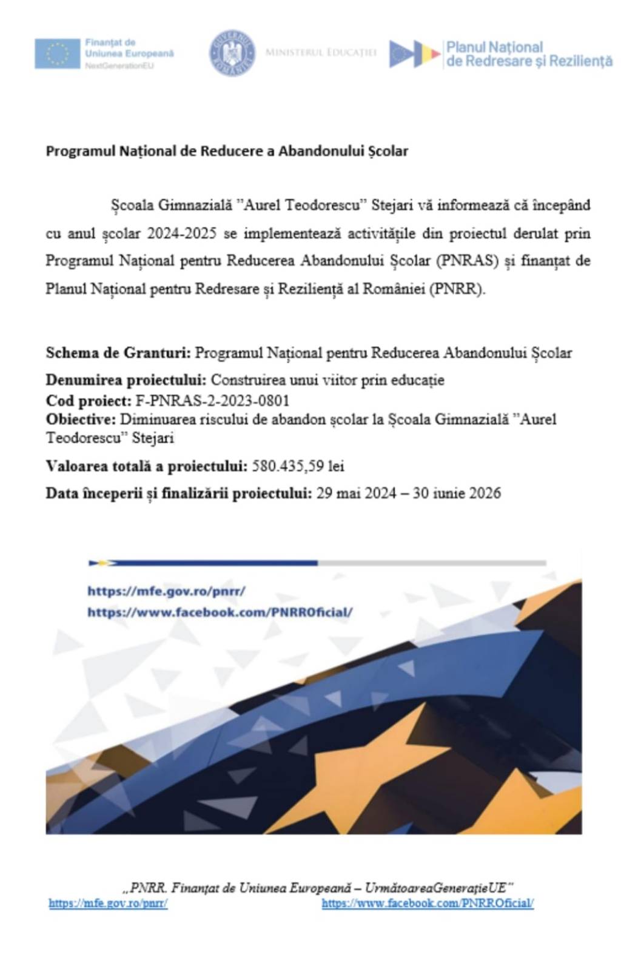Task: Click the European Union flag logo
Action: [x=57, y=53]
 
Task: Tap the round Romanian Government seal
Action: [x=232, y=53]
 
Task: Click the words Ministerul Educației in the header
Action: [x=321, y=53]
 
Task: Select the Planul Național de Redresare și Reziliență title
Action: [x=528, y=54]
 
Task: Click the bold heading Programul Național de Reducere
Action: [x=227, y=151]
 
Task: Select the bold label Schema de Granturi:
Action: [x=118, y=353]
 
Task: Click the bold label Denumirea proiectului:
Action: [x=126, y=380]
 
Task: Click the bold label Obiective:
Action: [x=81, y=419]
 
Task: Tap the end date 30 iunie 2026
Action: [x=457, y=493]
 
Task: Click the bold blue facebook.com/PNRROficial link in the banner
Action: [x=220, y=612]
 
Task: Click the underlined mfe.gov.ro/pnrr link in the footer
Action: [x=108, y=903]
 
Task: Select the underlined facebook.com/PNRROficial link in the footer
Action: [x=428, y=903]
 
